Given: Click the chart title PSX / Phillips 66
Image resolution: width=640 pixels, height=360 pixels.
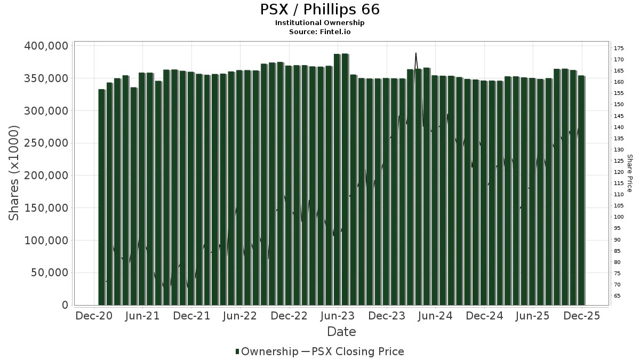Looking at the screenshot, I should (320, 10).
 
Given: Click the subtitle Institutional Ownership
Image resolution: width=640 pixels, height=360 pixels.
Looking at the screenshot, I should (320, 23).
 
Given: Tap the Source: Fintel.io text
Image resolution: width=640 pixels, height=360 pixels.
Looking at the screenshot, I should (320, 31).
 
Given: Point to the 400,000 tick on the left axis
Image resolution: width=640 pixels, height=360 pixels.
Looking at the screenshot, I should (46, 46).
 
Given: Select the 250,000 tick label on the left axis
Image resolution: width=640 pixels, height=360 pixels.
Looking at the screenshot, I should (46, 143).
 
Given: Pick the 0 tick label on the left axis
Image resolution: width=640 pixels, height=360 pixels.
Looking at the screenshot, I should (65, 305).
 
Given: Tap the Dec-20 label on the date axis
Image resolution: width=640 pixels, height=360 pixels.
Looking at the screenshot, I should (94, 316).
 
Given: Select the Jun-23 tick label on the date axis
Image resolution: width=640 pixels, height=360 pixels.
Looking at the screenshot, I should (338, 316).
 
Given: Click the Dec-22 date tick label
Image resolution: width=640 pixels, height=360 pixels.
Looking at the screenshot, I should (289, 316).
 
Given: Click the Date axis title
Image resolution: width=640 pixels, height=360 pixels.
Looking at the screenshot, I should (341, 332).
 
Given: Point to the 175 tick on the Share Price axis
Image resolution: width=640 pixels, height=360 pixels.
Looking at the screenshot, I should (619, 49).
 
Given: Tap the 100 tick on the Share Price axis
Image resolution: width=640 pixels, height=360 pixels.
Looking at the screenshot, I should (619, 217).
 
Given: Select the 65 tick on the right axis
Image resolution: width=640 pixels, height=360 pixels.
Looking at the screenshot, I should (618, 295).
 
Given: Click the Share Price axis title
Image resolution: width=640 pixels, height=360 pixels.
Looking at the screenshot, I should (630, 173).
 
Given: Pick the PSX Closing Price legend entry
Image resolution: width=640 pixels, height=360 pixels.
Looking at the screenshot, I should (357, 351).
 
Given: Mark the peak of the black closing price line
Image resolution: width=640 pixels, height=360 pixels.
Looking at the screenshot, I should (415, 53).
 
